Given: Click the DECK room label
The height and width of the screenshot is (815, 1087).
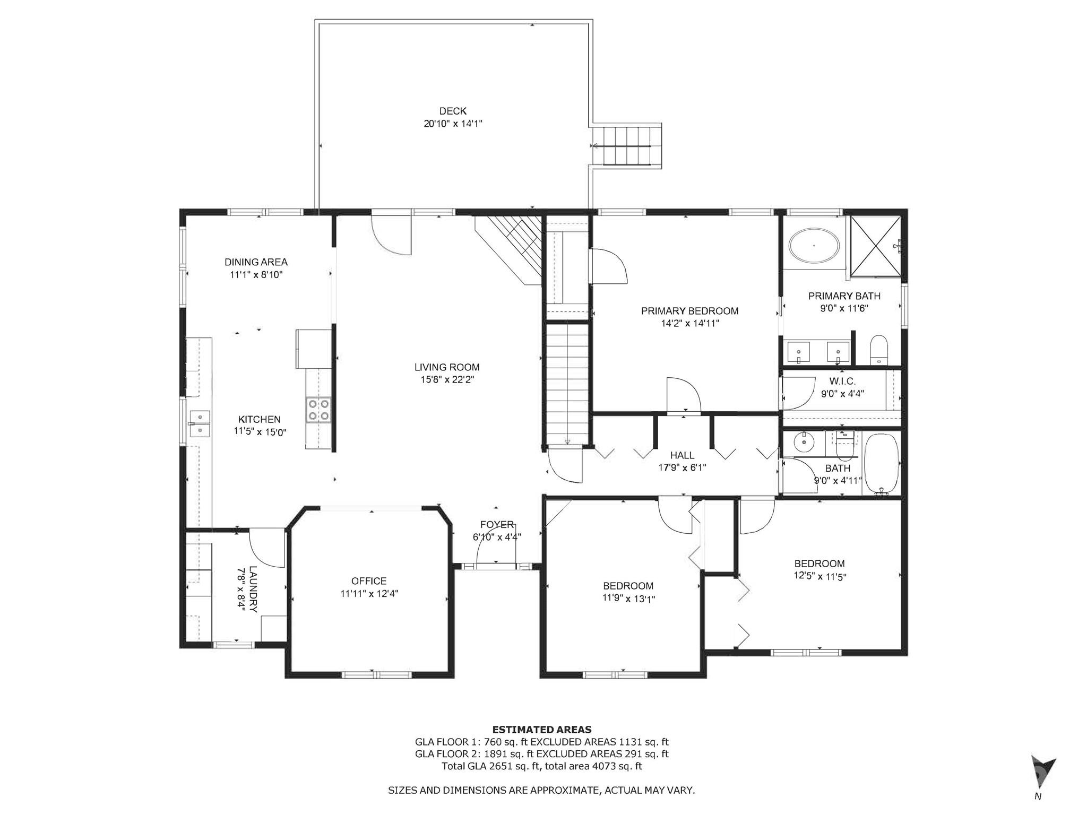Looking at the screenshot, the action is (x=453, y=111).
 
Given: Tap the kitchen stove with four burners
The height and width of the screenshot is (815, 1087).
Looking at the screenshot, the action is (x=318, y=410).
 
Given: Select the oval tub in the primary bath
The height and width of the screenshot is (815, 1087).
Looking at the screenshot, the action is (x=814, y=246).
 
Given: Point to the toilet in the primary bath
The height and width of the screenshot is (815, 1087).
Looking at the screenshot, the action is (x=879, y=350).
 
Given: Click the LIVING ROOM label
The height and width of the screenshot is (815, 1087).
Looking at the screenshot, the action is (x=447, y=367).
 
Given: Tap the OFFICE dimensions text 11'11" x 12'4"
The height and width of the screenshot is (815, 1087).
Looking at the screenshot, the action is (x=369, y=594).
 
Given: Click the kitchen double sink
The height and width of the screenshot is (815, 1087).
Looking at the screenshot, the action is (x=200, y=423).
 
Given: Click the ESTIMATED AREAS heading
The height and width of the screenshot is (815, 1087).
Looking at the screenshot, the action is (x=542, y=730).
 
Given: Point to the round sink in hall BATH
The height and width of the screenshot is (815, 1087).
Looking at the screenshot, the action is (x=805, y=440).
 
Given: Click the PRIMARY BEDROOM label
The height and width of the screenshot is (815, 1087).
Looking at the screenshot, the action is (x=689, y=311).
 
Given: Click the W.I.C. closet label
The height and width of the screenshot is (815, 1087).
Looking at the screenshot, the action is (x=842, y=382).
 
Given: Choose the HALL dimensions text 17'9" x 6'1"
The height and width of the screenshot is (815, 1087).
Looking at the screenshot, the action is (x=682, y=467).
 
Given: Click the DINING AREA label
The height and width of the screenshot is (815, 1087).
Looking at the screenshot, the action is (x=256, y=262).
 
